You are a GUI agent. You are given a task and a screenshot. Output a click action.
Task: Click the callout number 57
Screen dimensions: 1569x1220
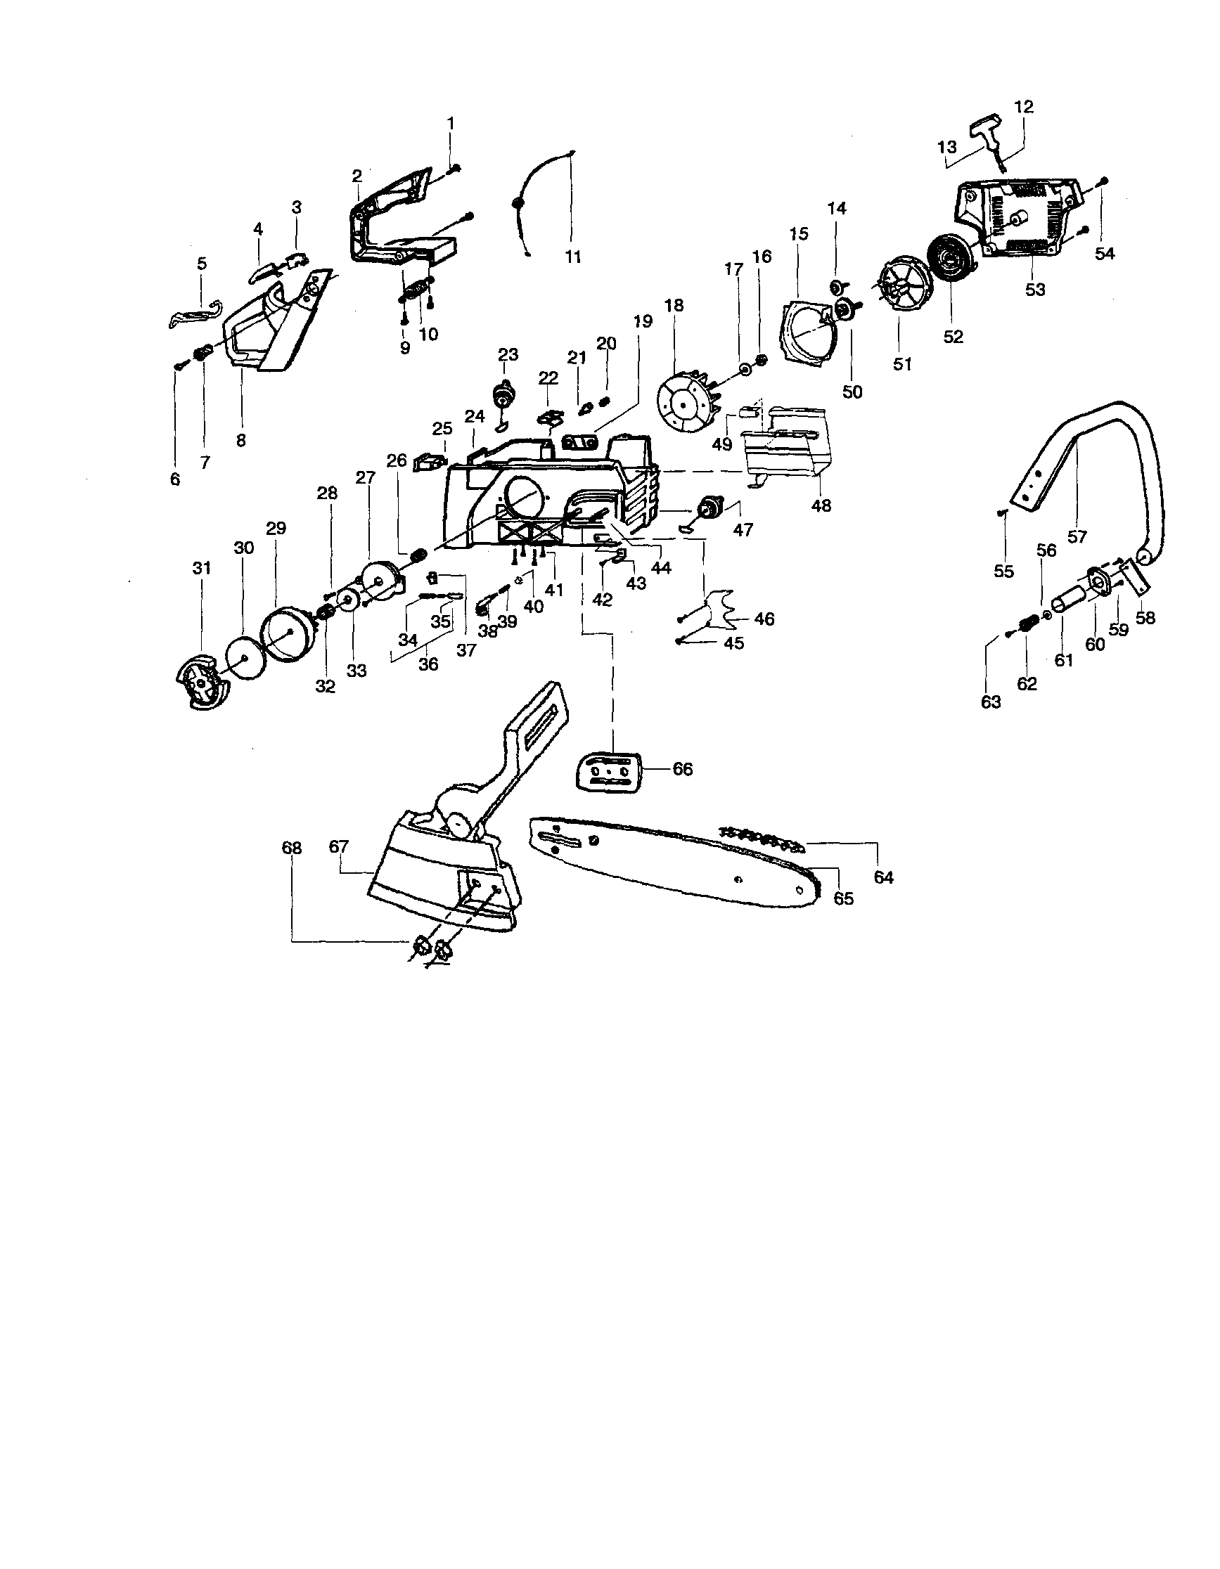[1077, 536]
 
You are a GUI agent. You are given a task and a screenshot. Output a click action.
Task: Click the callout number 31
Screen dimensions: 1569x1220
[202, 567]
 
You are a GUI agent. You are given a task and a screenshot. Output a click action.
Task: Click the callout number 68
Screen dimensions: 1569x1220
[292, 848]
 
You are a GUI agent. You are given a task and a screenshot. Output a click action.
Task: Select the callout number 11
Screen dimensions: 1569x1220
[572, 257]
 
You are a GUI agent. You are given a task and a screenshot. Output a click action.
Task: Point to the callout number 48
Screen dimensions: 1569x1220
[821, 505]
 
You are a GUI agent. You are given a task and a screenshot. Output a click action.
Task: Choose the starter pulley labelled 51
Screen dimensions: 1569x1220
[901, 290]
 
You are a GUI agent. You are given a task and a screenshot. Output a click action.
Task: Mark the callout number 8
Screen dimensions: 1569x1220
[240, 439]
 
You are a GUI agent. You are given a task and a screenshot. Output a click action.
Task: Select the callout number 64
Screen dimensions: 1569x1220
[883, 877]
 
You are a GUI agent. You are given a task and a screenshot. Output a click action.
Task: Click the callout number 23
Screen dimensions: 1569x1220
[508, 354]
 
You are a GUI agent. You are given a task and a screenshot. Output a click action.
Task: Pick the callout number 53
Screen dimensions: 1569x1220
[1034, 290]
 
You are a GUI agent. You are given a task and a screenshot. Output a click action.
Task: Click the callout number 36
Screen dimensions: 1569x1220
[428, 664]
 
